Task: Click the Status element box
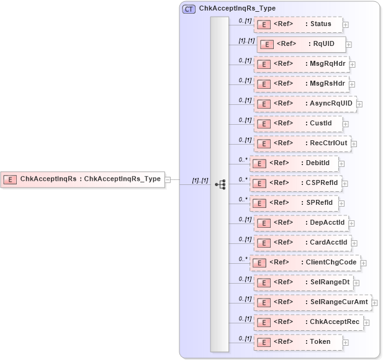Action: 298,25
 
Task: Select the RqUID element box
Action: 301,45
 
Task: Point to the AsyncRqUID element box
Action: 305,104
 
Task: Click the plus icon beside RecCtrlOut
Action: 354,144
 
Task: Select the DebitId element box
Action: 293,163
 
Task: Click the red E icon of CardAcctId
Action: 263,243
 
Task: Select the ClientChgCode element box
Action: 304,263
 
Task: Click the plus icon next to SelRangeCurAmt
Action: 374,302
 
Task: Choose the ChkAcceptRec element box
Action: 309,322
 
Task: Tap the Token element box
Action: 298,341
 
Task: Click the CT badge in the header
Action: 189,9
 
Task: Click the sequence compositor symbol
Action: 220,184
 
